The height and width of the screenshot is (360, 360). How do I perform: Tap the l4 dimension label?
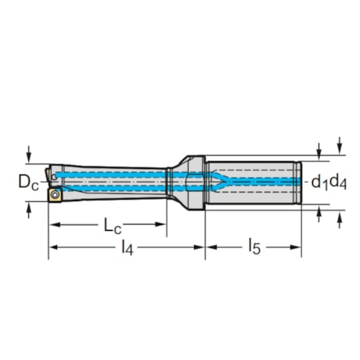(x=125, y=249)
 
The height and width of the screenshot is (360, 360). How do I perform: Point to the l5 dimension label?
(x=254, y=249)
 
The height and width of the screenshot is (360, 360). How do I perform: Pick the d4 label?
(x=338, y=182)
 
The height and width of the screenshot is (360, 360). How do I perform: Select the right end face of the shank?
(x=301, y=182)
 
